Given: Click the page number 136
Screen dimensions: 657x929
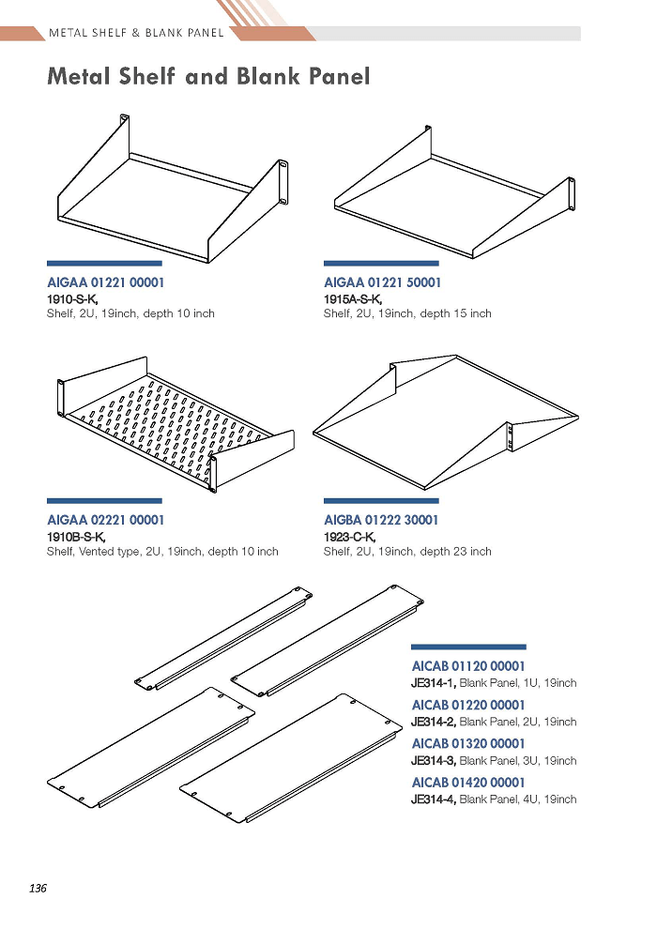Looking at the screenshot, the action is [x=38, y=888].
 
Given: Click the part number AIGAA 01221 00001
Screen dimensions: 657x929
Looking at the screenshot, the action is [x=105, y=282].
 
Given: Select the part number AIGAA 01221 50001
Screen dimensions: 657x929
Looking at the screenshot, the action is [x=382, y=282].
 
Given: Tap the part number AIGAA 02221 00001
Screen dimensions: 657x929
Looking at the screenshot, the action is [x=105, y=520].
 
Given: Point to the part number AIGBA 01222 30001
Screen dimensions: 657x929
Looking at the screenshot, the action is [x=381, y=520].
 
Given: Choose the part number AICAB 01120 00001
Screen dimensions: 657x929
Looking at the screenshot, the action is [x=468, y=666].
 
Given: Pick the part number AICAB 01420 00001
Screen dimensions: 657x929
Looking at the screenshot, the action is [x=468, y=782].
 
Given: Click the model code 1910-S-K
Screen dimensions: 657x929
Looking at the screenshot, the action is [x=72, y=299].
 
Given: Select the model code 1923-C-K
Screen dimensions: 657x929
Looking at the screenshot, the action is [x=349, y=537].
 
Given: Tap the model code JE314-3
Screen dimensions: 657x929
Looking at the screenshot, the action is [x=434, y=760].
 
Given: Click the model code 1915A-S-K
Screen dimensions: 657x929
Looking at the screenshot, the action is [x=353, y=299].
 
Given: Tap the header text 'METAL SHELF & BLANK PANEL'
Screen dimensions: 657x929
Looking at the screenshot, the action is [x=136, y=33].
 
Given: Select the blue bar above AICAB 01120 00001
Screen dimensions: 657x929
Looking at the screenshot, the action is [x=468, y=647].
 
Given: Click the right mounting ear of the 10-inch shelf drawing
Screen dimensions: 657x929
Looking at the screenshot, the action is [x=283, y=182].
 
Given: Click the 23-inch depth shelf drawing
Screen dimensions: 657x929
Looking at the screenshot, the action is [x=446, y=422].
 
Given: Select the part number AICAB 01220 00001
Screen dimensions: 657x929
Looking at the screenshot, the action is [x=468, y=705].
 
